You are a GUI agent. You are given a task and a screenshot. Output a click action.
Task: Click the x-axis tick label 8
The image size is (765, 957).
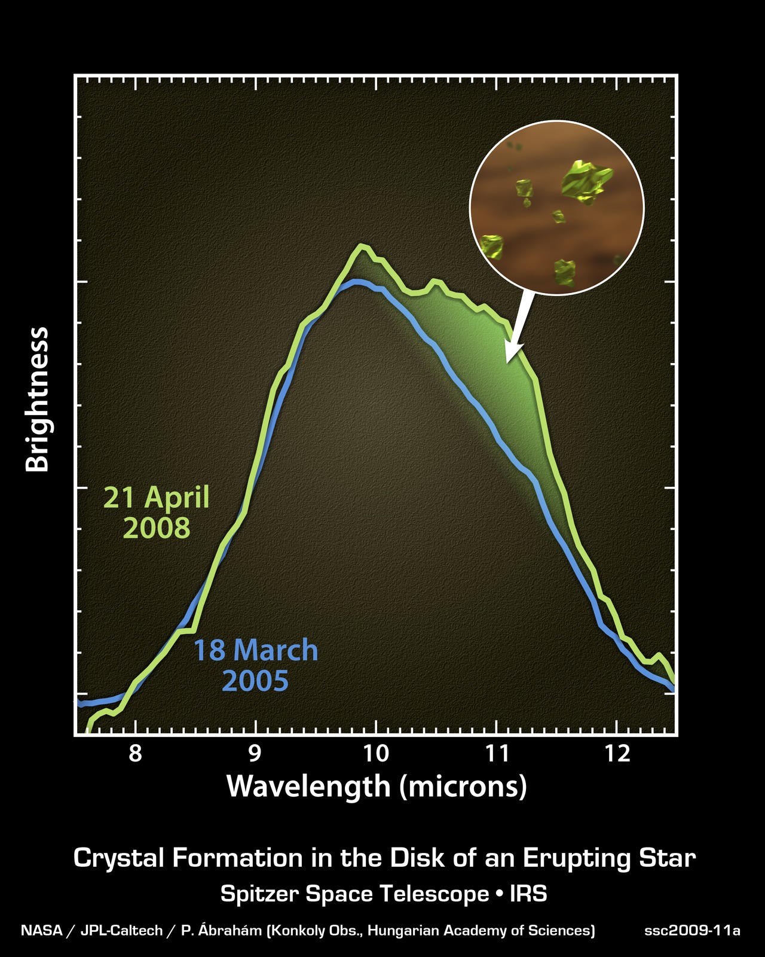tap(136, 754)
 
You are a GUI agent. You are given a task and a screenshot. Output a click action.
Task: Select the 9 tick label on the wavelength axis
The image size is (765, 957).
tap(256, 754)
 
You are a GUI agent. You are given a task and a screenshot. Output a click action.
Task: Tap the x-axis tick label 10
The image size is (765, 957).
tap(376, 754)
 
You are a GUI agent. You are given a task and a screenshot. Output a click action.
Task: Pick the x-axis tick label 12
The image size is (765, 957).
tap(617, 754)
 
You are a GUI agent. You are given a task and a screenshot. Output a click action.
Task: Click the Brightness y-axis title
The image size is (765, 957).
tap(38, 400)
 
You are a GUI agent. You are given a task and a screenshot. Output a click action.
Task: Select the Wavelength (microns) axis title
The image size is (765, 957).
tap(377, 786)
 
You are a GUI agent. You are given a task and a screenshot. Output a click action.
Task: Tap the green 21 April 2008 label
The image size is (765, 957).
tap(157, 513)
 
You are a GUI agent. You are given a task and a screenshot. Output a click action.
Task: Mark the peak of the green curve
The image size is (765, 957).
tap(361, 245)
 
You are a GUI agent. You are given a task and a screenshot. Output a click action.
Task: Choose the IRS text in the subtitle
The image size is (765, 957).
tap(528, 894)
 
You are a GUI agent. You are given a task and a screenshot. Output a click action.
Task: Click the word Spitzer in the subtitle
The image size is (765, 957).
tap(259, 894)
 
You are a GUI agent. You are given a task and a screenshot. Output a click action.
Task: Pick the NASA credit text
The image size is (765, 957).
tap(41, 931)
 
